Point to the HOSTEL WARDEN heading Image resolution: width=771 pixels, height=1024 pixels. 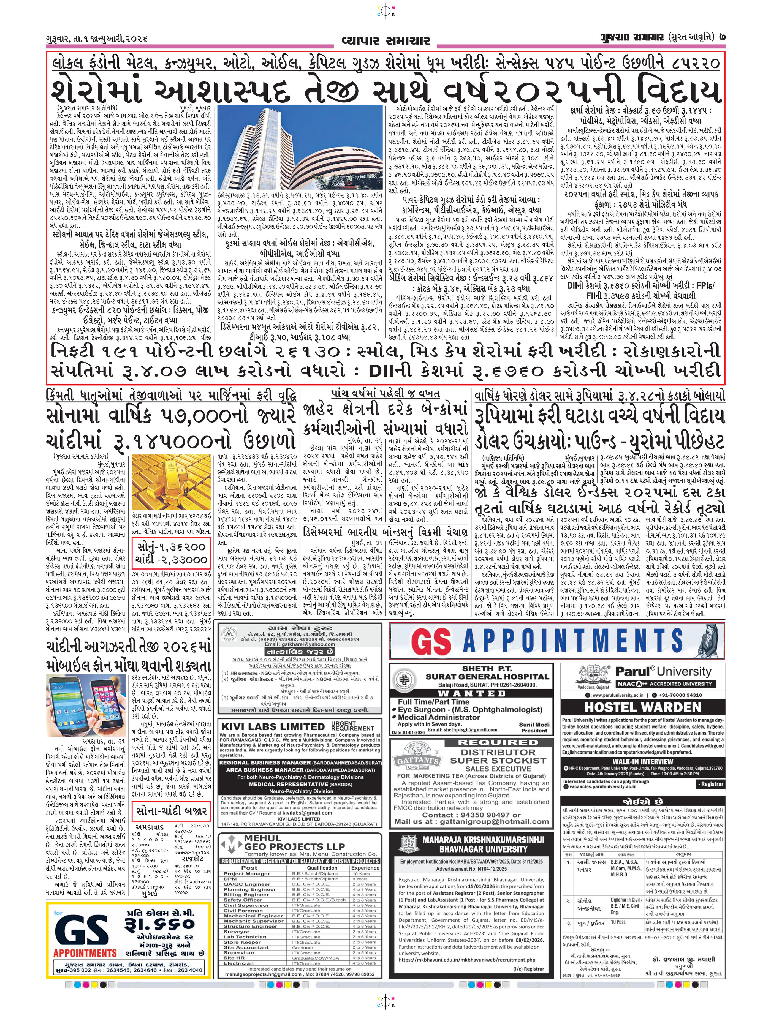coord(642,707)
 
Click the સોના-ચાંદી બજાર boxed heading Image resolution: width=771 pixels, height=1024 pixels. coord(171,811)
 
